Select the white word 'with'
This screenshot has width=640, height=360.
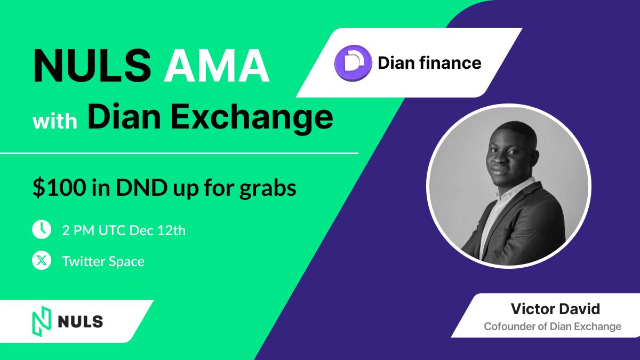(55, 121)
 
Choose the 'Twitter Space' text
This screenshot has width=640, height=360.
(103, 261)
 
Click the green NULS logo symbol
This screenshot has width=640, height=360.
(40, 322)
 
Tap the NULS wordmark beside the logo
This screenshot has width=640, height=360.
(80, 322)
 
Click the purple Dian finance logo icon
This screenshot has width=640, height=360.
(353, 63)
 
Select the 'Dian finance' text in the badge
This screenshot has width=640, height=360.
(429, 63)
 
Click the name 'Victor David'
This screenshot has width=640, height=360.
(555, 309)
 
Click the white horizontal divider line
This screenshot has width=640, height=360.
(179, 154)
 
